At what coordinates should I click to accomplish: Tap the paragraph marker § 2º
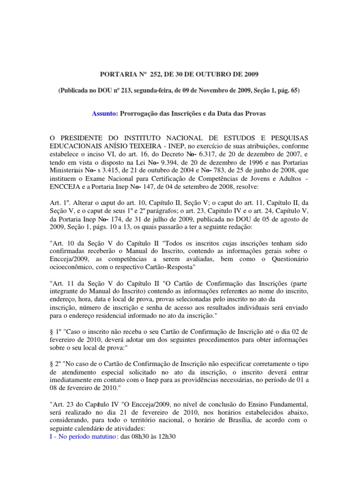pyautogui.click(x=54, y=361)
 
